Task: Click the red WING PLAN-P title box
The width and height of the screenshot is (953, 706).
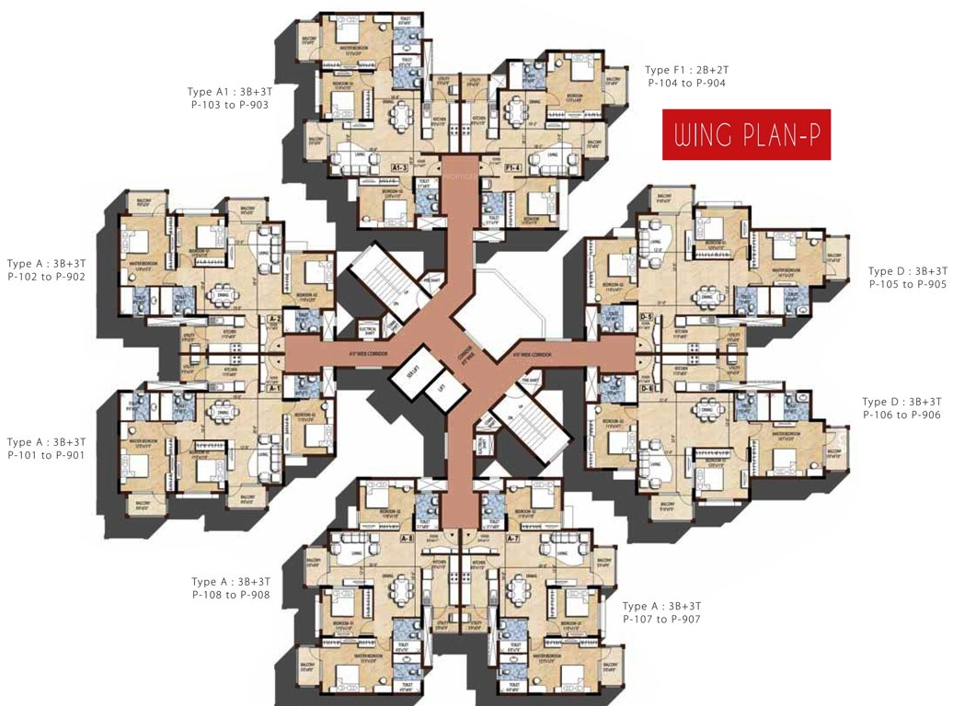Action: point(747,135)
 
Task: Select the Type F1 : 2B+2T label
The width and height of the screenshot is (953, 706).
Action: point(685,70)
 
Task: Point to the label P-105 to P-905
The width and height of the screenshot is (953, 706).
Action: point(907,284)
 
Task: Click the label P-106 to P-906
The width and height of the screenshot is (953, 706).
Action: point(901,416)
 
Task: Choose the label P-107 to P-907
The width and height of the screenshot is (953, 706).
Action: point(661,619)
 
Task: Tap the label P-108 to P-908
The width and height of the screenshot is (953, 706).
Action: point(231,595)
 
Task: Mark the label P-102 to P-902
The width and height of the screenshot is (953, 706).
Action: point(46,276)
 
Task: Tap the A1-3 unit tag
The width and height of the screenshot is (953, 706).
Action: point(399,169)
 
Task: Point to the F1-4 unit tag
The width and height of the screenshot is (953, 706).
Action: point(511,169)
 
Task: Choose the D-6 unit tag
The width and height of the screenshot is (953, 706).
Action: point(646,389)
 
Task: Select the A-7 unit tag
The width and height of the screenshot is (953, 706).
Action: point(513,539)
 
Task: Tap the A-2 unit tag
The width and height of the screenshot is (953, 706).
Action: point(273,319)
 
